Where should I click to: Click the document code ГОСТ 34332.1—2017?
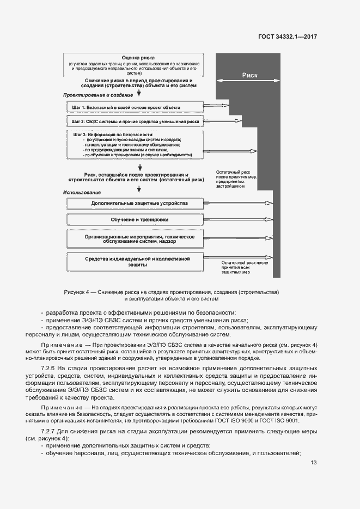(288, 36)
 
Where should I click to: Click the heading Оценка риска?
(139, 57)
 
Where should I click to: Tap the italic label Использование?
(82, 193)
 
